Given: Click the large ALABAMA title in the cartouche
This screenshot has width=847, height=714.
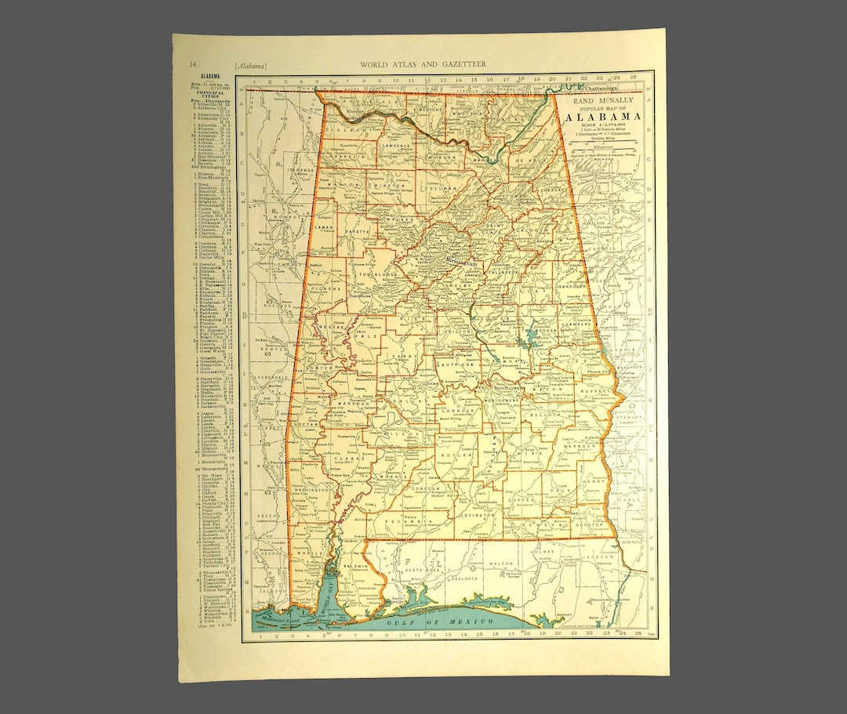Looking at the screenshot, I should point(602,118).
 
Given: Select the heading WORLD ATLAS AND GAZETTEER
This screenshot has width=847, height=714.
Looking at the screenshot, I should point(422,63).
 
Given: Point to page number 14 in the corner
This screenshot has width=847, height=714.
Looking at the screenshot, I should point(192,63).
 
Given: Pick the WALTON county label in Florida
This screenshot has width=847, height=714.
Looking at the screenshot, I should point(500,564).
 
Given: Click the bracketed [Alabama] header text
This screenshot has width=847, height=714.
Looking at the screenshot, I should point(249,63).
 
